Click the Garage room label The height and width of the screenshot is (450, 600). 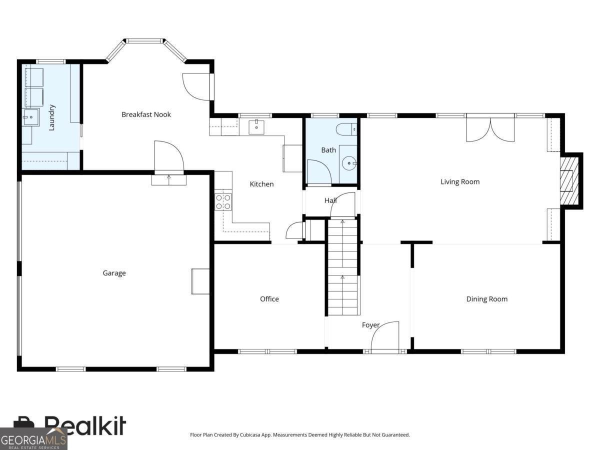pyautogui.click(x=114, y=273)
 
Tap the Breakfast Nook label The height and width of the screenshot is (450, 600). pyautogui.click(x=146, y=114)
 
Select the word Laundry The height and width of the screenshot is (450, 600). pyautogui.click(x=51, y=117)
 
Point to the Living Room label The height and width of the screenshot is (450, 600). pyautogui.click(x=459, y=181)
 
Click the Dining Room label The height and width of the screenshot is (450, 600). pyautogui.click(x=486, y=299)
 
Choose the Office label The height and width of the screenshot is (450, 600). pyautogui.click(x=269, y=299)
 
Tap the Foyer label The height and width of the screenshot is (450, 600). pyautogui.click(x=370, y=325)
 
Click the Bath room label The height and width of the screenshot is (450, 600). pyautogui.click(x=328, y=150)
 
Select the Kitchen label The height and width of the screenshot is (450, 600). pyautogui.click(x=261, y=184)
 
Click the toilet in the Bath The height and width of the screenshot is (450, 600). pyautogui.click(x=346, y=129)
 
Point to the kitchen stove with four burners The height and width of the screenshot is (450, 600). pyautogui.click(x=223, y=201)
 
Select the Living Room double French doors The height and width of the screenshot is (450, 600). pyautogui.click(x=490, y=129)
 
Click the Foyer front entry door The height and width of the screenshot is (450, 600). pyautogui.click(x=385, y=337)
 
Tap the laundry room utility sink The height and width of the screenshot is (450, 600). pyautogui.click(x=30, y=118)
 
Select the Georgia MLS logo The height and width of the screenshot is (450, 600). pyautogui.click(x=33, y=439)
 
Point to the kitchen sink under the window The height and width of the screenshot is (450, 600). pyautogui.click(x=256, y=126)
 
